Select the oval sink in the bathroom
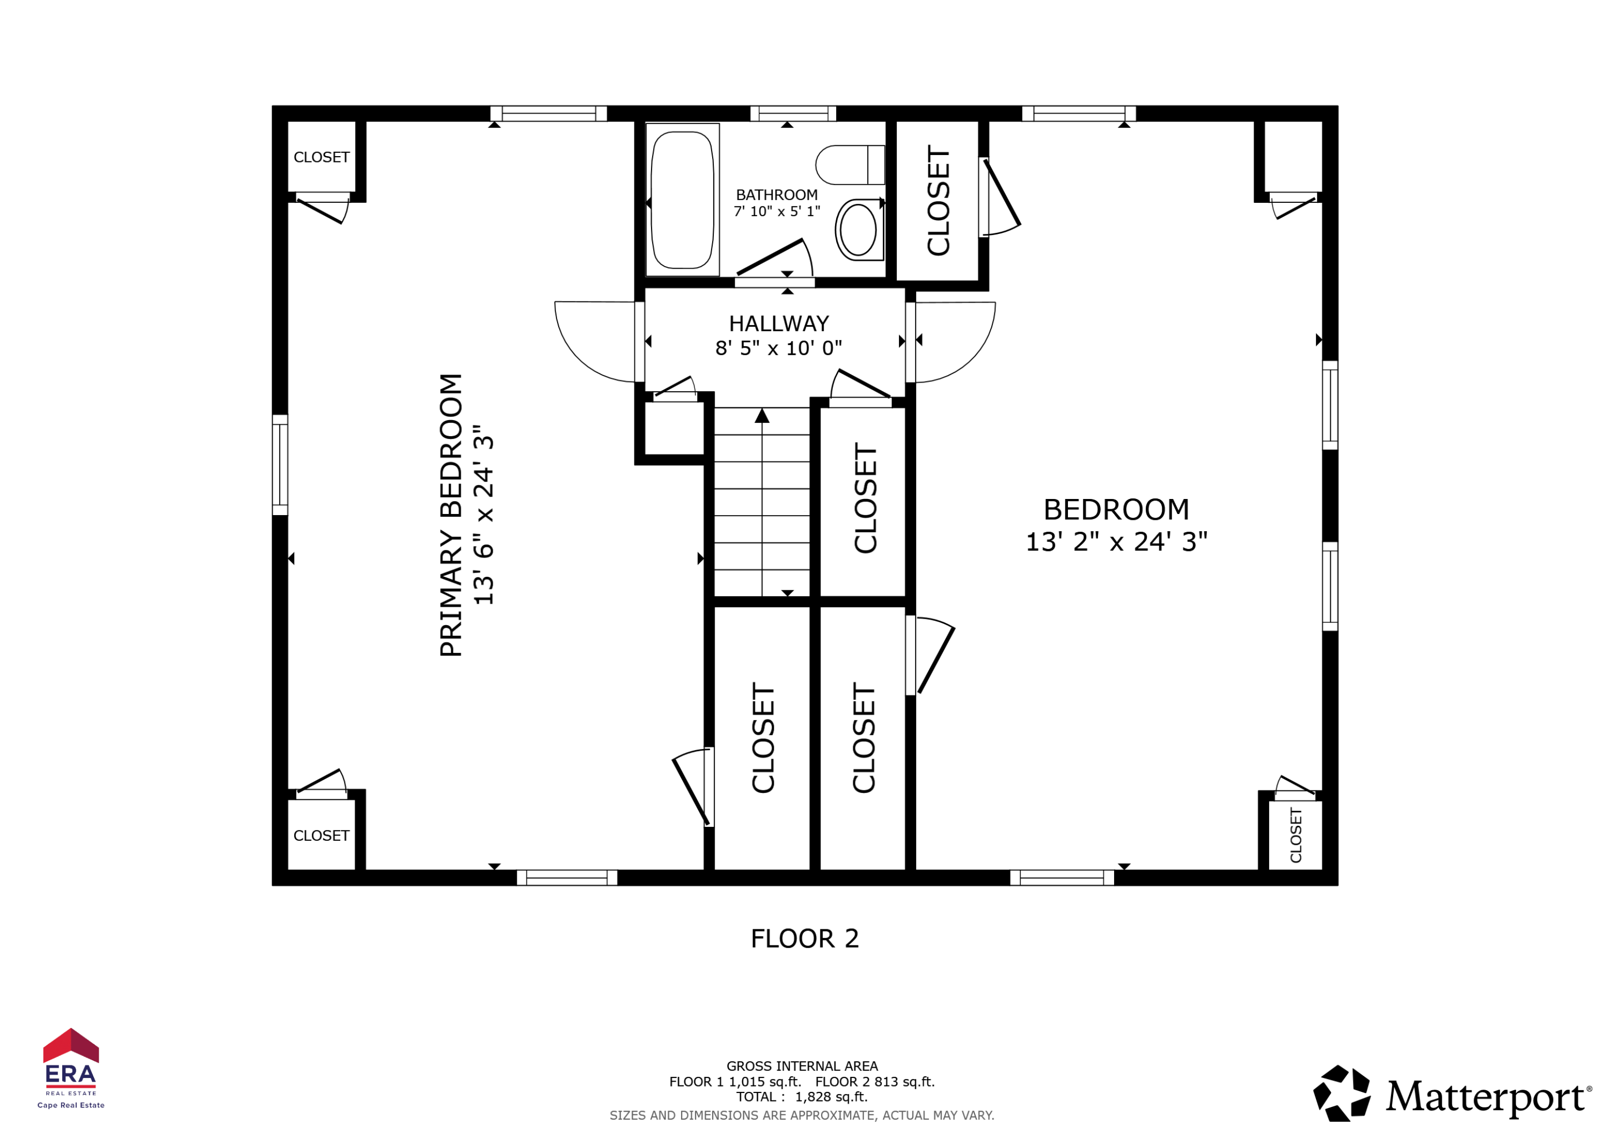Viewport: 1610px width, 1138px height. click(x=858, y=230)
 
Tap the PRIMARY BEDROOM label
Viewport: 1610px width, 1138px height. click(x=451, y=516)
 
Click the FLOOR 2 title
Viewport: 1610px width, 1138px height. click(x=804, y=938)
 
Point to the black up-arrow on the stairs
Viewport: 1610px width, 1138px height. click(x=762, y=416)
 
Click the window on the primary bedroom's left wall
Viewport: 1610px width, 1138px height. click(x=280, y=465)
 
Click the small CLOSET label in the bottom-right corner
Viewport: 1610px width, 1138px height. click(x=1295, y=835)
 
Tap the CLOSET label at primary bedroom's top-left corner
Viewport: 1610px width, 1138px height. click(x=321, y=157)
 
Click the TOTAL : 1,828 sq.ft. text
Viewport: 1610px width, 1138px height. click(x=801, y=1097)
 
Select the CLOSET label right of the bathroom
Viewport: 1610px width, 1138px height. click(x=938, y=201)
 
